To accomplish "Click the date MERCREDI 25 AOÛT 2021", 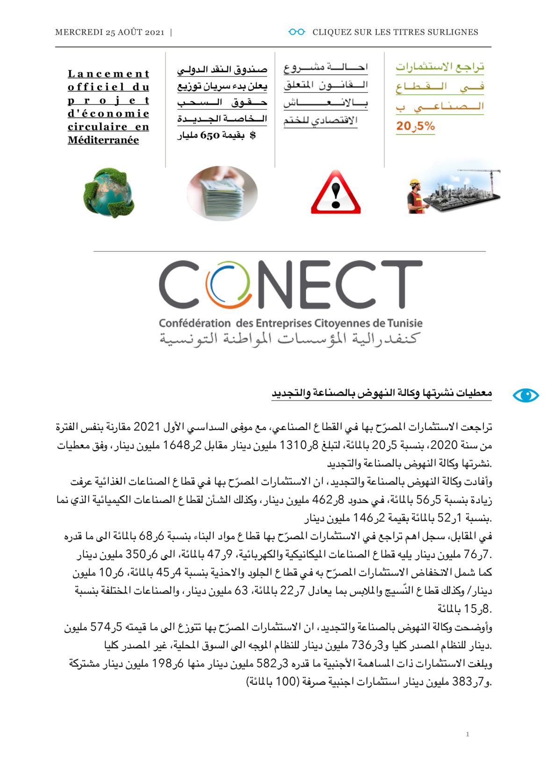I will [x=110, y=32].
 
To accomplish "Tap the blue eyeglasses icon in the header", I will [x=296, y=32].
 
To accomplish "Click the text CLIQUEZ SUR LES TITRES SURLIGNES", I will [x=395, y=32].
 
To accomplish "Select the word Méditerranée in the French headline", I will [x=103, y=140].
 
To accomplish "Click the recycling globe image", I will [x=109, y=192].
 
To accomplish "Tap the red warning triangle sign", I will [x=336, y=193].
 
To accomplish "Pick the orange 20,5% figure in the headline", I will [x=415, y=126].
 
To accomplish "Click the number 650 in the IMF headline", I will [x=210, y=136].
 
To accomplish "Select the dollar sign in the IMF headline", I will [x=253, y=136].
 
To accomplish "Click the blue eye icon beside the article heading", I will [x=525, y=395].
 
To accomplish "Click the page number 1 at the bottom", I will [x=467, y=734].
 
